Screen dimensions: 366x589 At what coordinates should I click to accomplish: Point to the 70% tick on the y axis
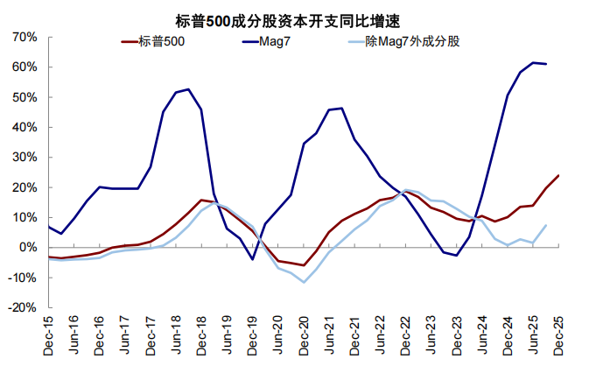(x=24, y=37)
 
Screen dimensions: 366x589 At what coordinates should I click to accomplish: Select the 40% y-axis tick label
(x=24, y=127)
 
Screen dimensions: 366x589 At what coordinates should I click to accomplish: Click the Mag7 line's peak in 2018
(x=189, y=89)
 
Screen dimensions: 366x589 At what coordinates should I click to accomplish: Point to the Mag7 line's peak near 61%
(x=534, y=62)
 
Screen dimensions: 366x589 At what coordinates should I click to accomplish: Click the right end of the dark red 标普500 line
(x=558, y=175)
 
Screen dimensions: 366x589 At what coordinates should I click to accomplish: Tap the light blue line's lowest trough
(x=304, y=282)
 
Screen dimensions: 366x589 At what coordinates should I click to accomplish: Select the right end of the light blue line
(x=546, y=225)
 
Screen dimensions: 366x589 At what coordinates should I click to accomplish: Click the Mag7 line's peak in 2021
(x=341, y=109)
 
